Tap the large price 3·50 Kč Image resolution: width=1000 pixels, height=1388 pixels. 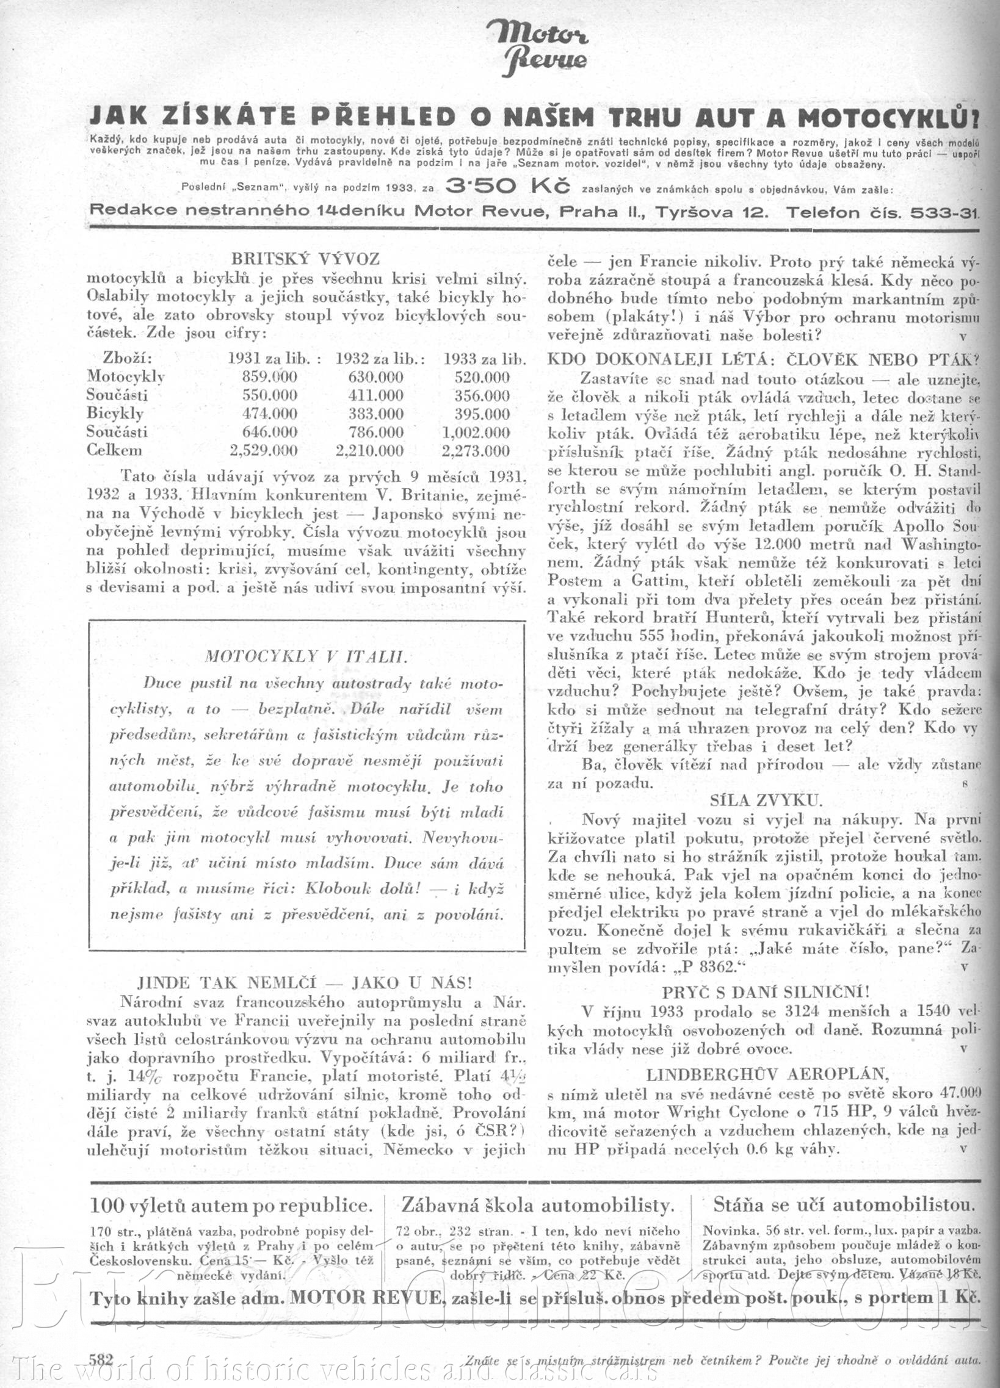[x=509, y=186]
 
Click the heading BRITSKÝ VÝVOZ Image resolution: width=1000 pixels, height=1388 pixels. [x=306, y=259]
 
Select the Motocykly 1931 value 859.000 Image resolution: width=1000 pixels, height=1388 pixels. [x=269, y=377]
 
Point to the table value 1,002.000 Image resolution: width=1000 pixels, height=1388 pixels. [x=475, y=433]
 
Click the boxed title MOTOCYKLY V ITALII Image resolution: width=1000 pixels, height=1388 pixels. [x=306, y=656]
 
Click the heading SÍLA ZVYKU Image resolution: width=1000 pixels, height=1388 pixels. [x=766, y=800]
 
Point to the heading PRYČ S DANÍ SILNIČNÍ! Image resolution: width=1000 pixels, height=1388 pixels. [x=766, y=991]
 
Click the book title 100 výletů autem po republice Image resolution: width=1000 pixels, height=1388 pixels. [x=231, y=1205]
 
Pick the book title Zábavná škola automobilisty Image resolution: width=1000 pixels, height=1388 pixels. [x=537, y=1205]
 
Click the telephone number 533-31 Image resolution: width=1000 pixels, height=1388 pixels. [x=944, y=212]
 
